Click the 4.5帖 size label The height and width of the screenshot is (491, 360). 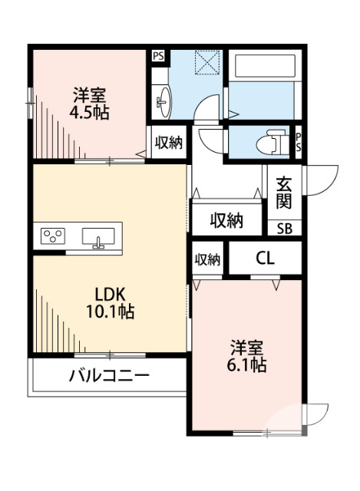click(89, 113)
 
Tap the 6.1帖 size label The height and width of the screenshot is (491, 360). click(246, 365)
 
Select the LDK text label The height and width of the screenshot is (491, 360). click(115, 294)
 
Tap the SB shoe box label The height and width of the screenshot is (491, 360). click(284, 228)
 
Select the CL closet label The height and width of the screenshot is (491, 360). click(265, 259)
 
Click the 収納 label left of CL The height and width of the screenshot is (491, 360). click(206, 259)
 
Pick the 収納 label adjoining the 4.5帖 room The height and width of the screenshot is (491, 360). click(169, 143)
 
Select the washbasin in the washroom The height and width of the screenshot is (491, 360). click(163, 100)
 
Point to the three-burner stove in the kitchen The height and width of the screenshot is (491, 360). click(53, 235)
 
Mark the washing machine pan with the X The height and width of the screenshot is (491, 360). click(207, 61)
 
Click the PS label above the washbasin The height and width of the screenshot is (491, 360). click(157, 55)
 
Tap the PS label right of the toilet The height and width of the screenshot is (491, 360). click(299, 142)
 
